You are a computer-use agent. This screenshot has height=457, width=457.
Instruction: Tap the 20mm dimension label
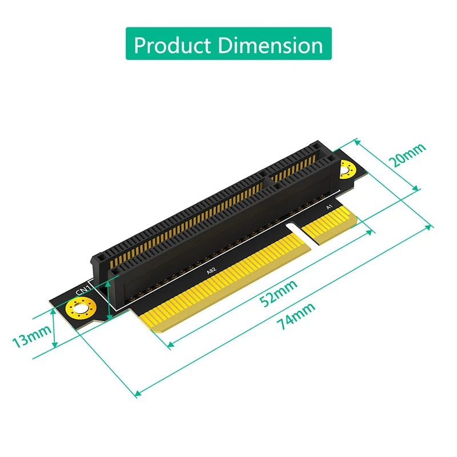point(407,155)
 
